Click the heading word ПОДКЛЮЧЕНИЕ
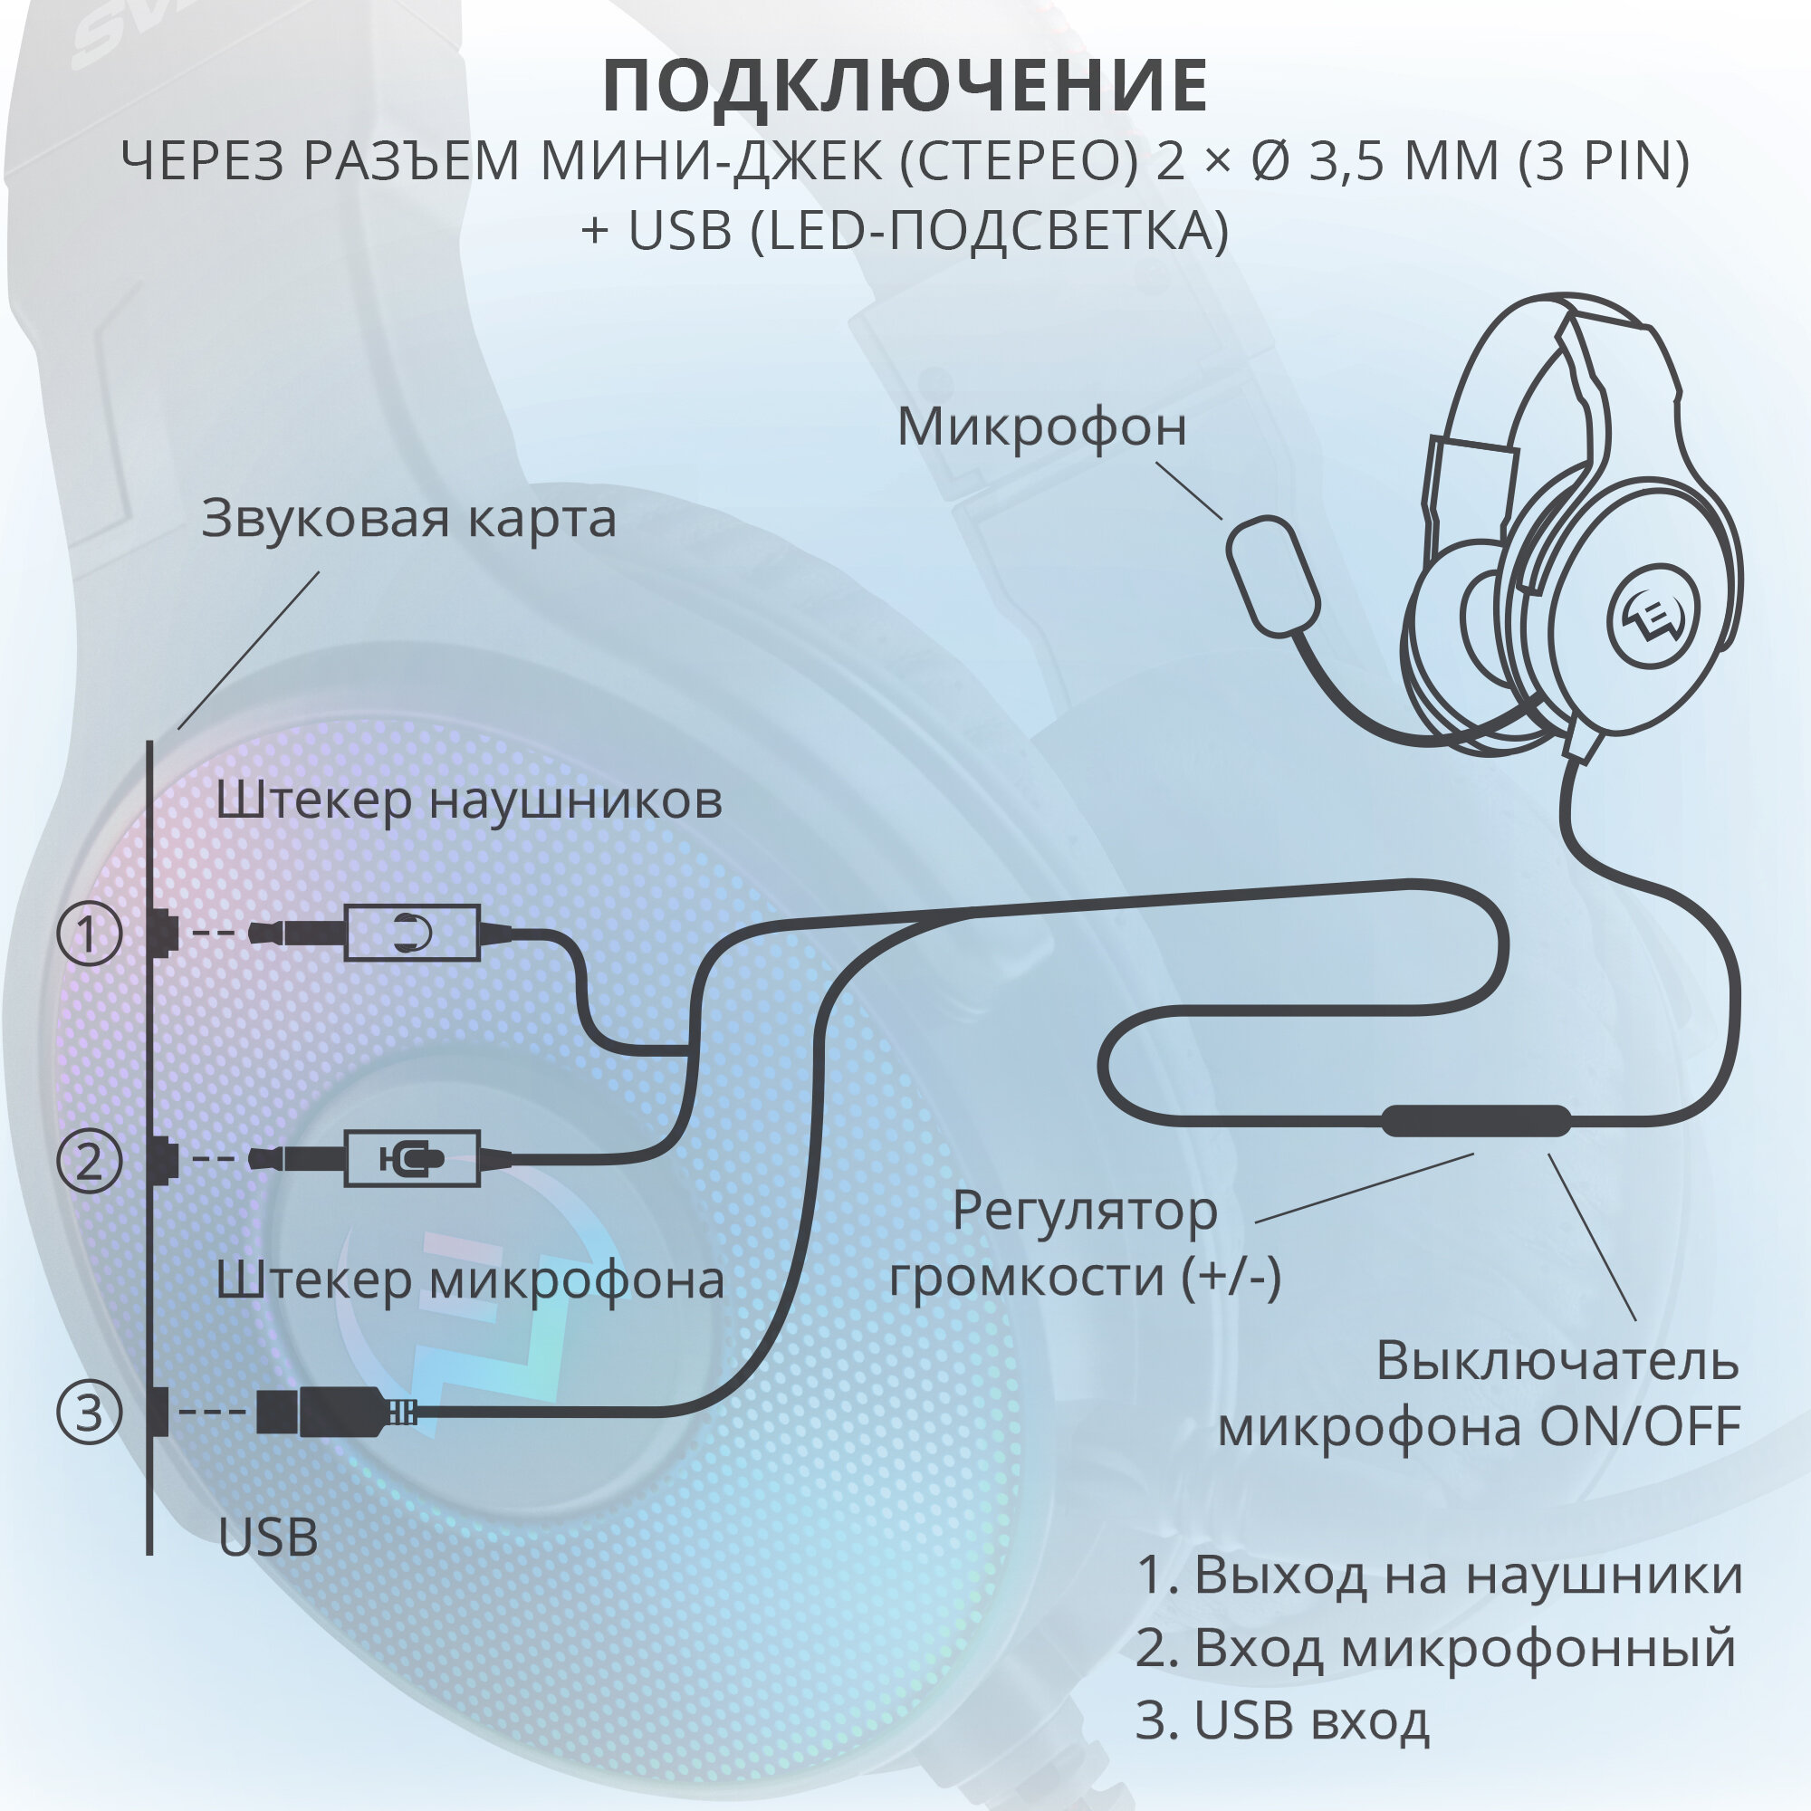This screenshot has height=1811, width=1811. point(905,86)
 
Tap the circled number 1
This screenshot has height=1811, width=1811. point(89,934)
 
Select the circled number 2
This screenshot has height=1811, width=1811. point(89,1162)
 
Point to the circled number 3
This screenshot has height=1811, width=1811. point(89,1412)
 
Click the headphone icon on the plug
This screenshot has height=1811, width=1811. point(412,933)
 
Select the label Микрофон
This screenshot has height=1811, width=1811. point(1041,427)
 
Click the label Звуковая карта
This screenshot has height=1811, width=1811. point(408,518)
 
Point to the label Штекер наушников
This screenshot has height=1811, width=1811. point(469,801)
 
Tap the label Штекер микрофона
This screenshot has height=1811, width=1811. point(470,1280)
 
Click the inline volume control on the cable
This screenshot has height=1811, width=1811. point(1476,1120)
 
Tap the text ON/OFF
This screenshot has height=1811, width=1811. point(1640,1427)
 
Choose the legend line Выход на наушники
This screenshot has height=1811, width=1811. point(1439,1575)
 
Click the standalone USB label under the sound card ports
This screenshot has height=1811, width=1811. point(268,1538)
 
